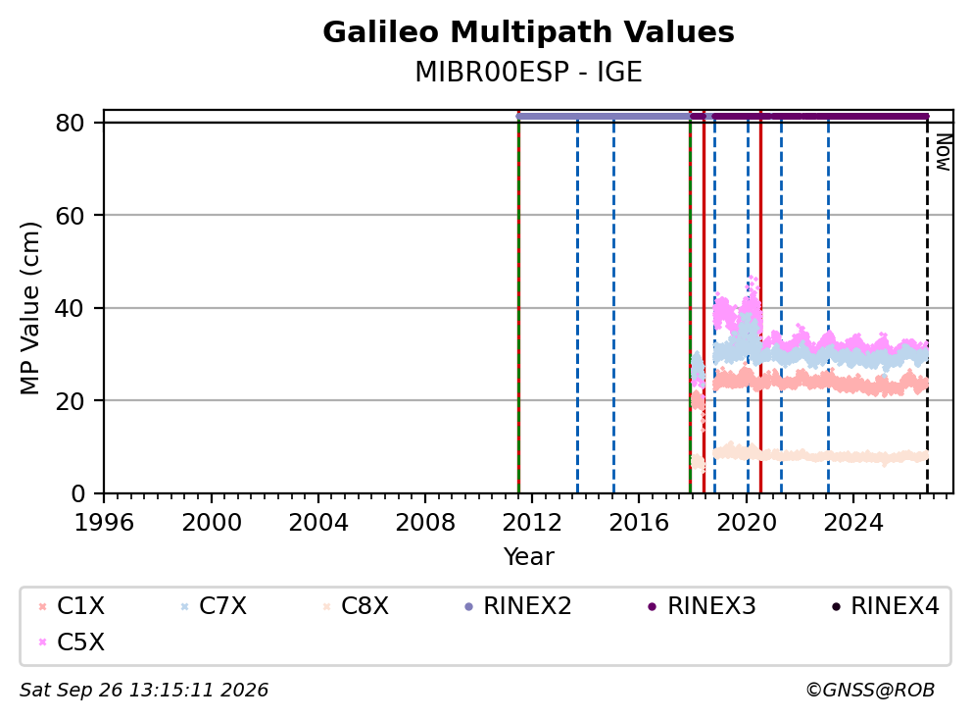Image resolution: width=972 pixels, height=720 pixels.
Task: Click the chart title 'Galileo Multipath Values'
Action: click(x=528, y=32)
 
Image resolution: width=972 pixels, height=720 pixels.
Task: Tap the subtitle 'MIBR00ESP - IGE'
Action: click(x=528, y=72)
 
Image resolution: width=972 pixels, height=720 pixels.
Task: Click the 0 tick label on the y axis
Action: click(x=78, y=493)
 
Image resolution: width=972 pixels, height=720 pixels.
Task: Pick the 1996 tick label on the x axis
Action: click(x=104, y=523)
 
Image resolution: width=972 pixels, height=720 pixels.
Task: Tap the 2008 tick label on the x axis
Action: click(x=425, y=523)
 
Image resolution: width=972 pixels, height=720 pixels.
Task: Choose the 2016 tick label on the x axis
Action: click(x=639, y=523)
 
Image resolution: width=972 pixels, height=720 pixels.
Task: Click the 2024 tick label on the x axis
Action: click(x=853, y=523)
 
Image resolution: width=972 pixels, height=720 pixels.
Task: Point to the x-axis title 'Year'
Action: click(x=528, y=557)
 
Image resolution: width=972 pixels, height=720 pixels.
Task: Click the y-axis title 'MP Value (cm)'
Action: click(x=29, y=308)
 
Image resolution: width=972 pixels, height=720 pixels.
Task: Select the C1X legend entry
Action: click(x=72, y=606)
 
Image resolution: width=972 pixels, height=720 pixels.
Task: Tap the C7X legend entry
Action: click(x=214, y=606)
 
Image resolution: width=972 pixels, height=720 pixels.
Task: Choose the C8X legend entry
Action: click(x=356, y=606)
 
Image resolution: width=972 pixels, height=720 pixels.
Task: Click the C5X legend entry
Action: click(x=72, y=642)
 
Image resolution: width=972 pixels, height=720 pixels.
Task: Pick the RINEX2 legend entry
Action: click(x=517, y=606)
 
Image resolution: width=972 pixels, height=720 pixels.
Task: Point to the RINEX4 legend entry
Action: click(x=885, y=606)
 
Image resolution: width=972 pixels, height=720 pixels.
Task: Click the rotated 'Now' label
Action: click(x=944, y=152)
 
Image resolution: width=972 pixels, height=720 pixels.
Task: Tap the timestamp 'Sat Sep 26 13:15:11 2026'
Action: click(x=144, y=691)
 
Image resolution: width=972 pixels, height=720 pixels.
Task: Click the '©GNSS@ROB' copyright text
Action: click(x=870, y=691)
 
